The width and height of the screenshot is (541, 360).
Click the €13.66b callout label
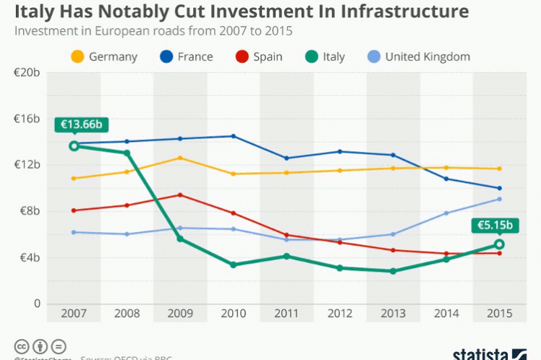[x=81, y=124]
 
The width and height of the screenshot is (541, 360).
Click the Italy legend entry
[x=323, y=56]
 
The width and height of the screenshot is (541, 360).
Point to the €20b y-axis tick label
[x=27, y=72]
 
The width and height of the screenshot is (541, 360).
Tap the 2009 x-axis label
[x=179, y=314]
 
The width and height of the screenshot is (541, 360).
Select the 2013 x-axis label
[x=393, y=314]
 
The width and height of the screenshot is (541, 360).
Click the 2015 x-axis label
[x=499, y=314]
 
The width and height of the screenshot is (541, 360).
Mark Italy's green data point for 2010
[x=233, y=265]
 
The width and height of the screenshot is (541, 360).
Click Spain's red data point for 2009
[x=180, y=194]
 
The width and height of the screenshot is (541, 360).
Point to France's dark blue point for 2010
[x=233, y=136]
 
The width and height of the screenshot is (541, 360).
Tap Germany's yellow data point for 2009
[x=180, y=158]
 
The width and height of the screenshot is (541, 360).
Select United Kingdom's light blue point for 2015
[x=499, y=199]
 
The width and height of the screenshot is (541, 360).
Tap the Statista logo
[x=490, y=353]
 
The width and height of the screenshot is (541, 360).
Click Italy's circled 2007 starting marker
[x=74, y=146]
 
